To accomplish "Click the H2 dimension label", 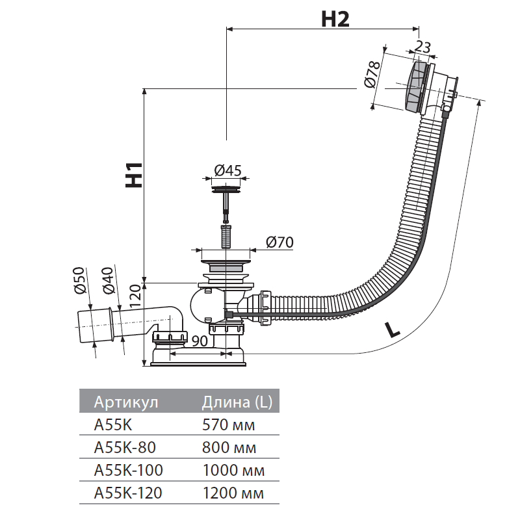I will pos(335,19).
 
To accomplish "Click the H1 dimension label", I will pos(134,175).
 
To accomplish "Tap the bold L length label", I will pos(392,329).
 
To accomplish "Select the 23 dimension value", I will pos(422,47).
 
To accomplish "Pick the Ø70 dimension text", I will pos(280,242).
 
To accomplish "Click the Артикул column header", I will pos(126,402).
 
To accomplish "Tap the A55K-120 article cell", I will pos(128,493).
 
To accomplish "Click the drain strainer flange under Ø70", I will pos(226,265).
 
